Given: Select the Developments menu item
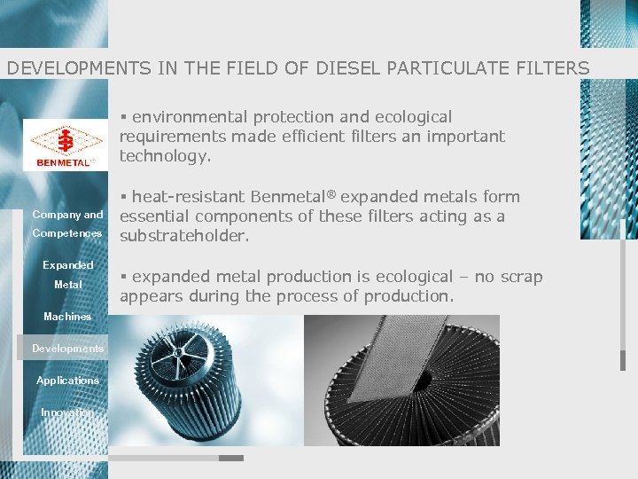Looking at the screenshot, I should pos(67,349).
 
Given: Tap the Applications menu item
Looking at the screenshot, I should pos(67,381).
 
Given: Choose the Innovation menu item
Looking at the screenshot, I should pos(67,412).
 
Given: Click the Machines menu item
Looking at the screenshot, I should pos(67,317).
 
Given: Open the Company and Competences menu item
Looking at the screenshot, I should pos(67,224).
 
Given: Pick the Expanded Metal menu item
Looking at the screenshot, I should pos(67,275).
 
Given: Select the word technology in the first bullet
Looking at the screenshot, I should pos(165,156).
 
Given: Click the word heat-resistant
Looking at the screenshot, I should pos(189,197).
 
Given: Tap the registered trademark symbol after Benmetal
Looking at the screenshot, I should pos(335,192).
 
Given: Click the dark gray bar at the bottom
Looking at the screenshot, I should pos(230,459).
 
